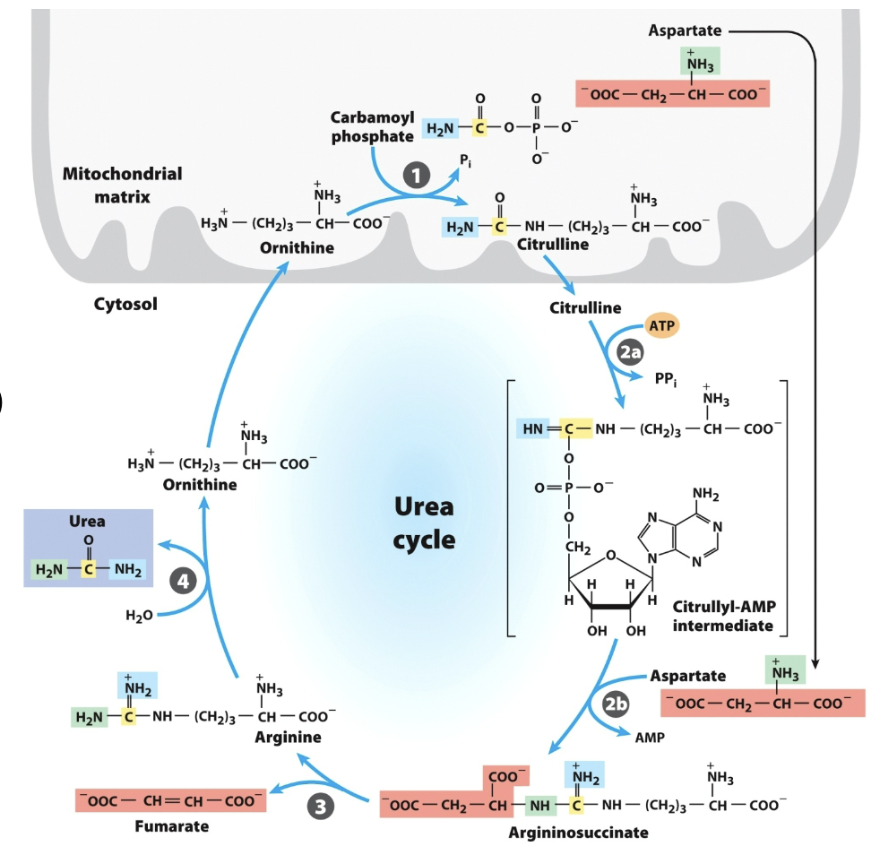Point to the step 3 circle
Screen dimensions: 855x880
pos(320,807)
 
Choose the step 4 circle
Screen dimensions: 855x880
pos(184,581)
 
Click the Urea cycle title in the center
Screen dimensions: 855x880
pos(424,523)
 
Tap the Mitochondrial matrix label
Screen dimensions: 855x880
pos(122,184)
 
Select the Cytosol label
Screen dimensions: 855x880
pos(125,304)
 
